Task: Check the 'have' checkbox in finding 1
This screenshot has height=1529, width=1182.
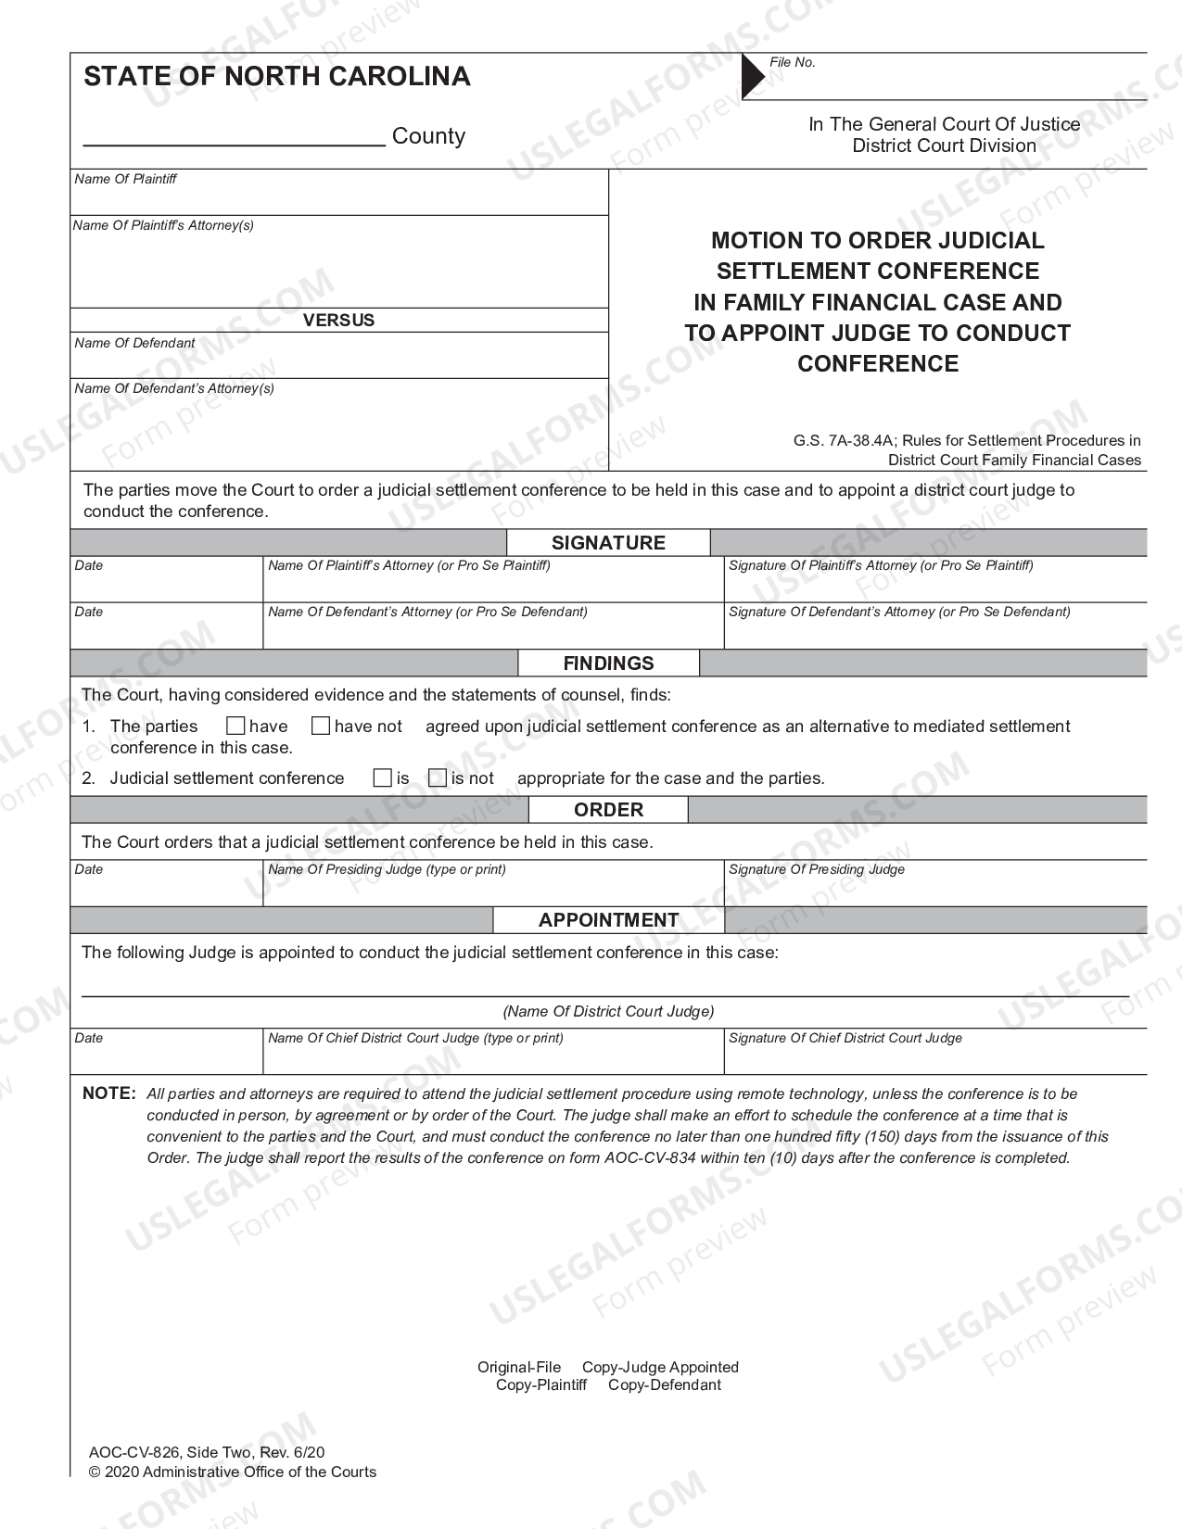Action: coord(235,726)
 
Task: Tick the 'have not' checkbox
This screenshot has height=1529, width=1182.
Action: coord(321,726)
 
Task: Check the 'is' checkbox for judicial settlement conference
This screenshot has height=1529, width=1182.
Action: coord(382,778)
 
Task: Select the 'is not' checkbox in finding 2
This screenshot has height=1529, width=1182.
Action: coord(438,778)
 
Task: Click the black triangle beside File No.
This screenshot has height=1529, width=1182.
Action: coord(752,76)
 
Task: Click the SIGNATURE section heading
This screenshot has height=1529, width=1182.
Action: coord(608,543)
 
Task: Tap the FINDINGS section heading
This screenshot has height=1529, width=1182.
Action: coord(608,663)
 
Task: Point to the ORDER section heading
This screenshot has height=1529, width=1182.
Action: coord(608,810)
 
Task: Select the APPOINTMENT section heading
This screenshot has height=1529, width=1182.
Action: coord(608,920)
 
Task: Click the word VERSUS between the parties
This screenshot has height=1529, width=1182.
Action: coord(338,321)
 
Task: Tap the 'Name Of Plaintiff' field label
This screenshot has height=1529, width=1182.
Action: coord(125,179)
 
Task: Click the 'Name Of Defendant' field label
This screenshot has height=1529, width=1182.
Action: coord(134,343)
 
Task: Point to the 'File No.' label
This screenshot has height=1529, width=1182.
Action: coord(793,62)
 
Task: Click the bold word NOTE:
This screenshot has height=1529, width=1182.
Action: coord(109,1093)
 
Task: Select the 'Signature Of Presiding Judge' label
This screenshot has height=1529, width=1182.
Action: coord(816,869)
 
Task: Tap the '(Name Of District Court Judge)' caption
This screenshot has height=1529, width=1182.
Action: coord(608,1011)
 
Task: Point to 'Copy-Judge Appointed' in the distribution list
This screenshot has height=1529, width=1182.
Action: coord(660,1367)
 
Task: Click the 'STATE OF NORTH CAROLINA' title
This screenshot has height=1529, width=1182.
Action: coord(277,76)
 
